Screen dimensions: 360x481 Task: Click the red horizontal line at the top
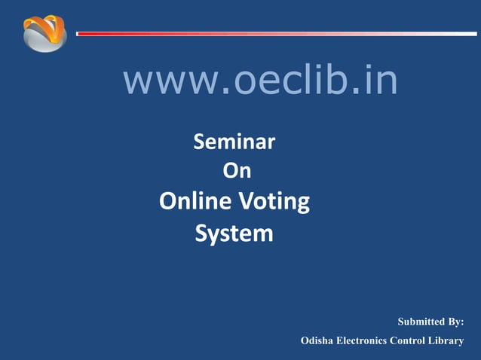[226, 34]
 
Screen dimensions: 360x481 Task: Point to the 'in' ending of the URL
[380, 81]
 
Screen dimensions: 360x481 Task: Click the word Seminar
[234, 141]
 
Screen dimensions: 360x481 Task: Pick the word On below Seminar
[237, 172]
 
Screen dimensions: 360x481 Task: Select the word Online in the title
[196, 202]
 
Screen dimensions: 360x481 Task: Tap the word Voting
[275, 202]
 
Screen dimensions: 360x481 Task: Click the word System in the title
[234, 233]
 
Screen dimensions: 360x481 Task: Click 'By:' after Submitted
[455, 322]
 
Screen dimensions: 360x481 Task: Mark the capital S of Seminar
[201, 141]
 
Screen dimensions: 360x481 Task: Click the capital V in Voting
[249, 202]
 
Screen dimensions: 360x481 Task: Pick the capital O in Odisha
[305, 341]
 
